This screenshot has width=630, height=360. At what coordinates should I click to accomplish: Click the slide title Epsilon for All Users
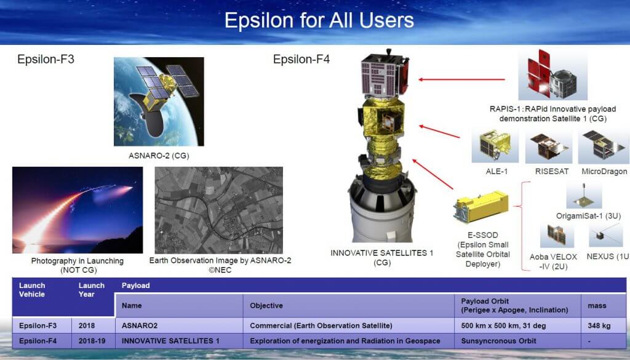pyautogui.click(x=319, y=20)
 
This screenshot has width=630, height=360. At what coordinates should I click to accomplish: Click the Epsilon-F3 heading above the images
pyautogui.click(x=46, y=59)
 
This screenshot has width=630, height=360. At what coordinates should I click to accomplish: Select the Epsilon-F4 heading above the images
pyautogui.click(x=301, y=59)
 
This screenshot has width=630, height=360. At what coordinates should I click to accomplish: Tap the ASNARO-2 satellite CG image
pyautogui.click(x=159, y=102)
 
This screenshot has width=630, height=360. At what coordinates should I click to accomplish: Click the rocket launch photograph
pyautogui.click(x=78, y=210)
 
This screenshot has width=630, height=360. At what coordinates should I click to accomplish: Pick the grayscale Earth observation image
pyautogui.click(x=219, y=210)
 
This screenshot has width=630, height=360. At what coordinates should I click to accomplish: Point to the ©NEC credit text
pyautogui.click(x=220, y=270)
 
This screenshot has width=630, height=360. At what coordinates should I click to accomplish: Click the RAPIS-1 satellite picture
pyautogui.click(x=553, y=75)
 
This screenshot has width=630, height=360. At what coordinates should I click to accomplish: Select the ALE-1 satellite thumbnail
pyautogui.click(x=495, y=145)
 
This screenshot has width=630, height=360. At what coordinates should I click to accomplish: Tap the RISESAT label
pyautogui.click(x=552, y=172)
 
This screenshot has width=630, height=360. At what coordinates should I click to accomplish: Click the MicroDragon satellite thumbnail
pyautogui.click(x=604, y=146)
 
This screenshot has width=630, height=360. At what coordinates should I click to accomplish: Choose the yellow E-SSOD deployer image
pyautogui.click(x=480, y=207)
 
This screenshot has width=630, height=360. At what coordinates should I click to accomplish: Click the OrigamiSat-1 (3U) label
pyautogui.click(x=589, y=216)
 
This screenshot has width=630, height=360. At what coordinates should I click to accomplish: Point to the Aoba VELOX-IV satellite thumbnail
pyautogui.click(x=556, y=236)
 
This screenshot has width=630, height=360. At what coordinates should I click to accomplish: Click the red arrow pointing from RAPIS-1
pyautogui.click(x=461, y=79)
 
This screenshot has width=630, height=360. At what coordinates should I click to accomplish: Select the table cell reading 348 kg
pyautogui.click(x=599, y=326)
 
